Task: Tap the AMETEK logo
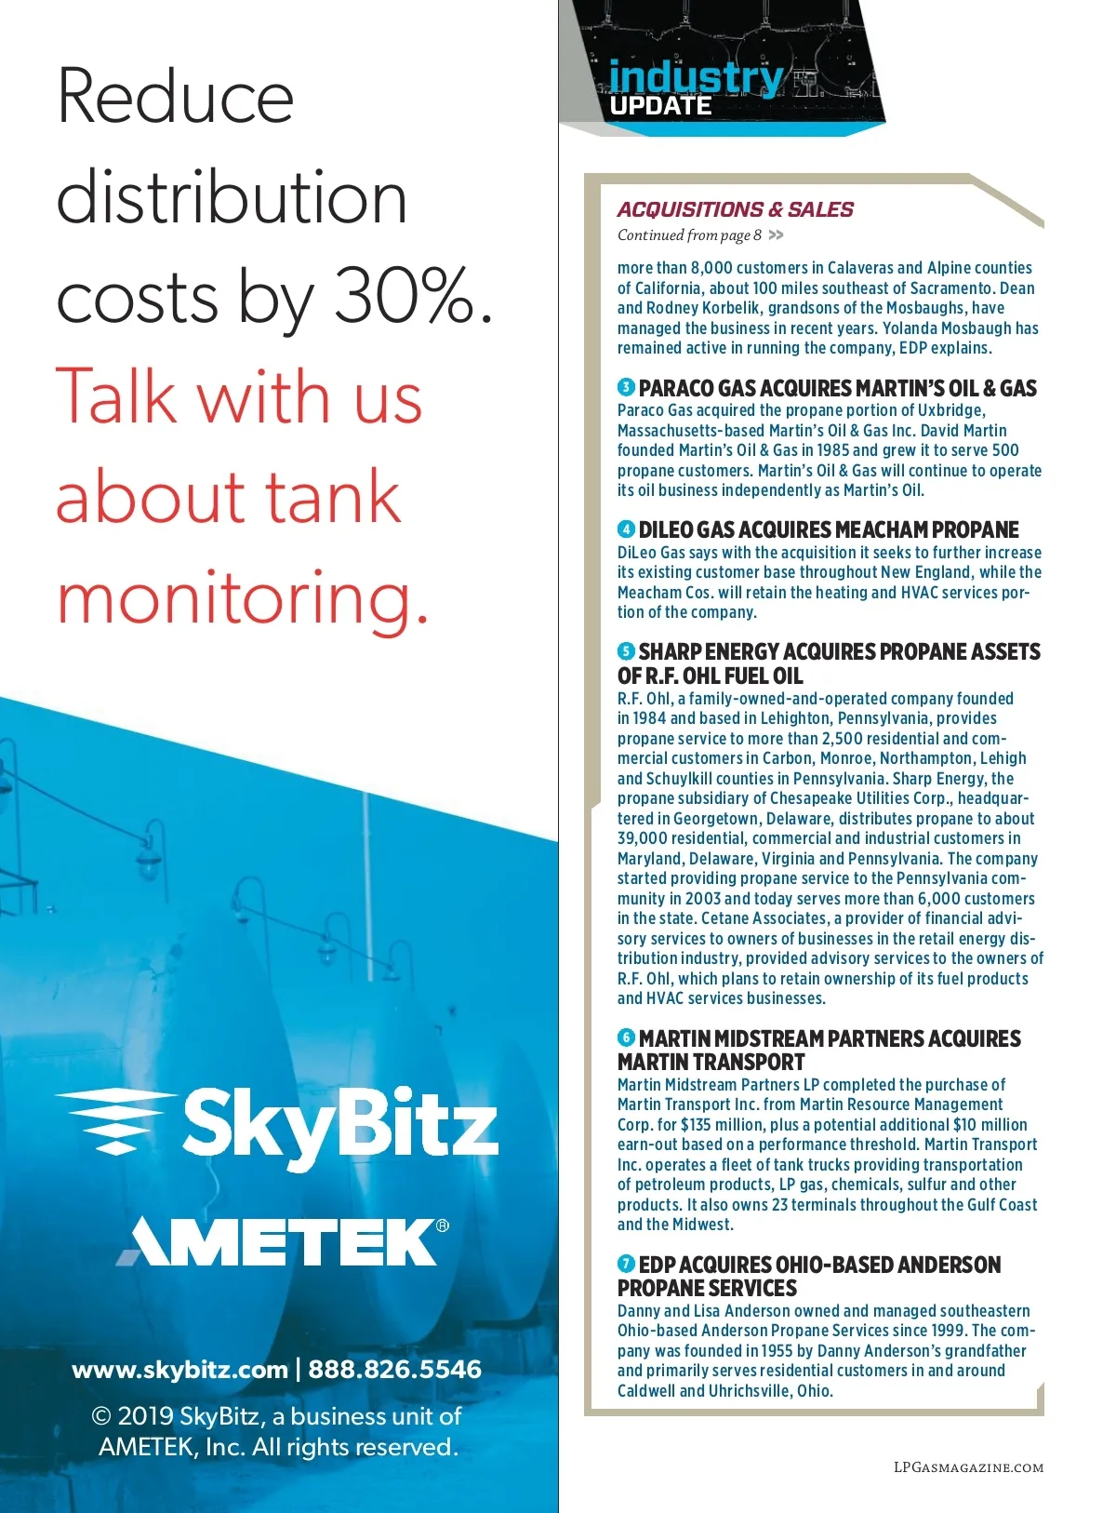(x=279, y=1241)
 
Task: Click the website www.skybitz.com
(x=179, y=1370)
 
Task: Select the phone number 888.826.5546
(x=395, y=1370)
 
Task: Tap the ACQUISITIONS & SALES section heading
(x=735, y=210)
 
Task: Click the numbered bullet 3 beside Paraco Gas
(x=626, y=387)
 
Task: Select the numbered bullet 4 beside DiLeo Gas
(x=626, y=529)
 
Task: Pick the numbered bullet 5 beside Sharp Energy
(x=626, y=651)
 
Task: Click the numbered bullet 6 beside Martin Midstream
(x=626, y=1038)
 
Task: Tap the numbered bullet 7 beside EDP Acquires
(x=626, y=1264)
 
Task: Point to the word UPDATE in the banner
(x=661, y=106)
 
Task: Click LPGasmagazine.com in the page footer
(x=968, y=1467)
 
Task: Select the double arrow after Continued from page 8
(x=777, y=235)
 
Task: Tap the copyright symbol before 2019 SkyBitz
(x=101, y=1417)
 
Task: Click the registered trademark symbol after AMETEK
(x=443, y=1225)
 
